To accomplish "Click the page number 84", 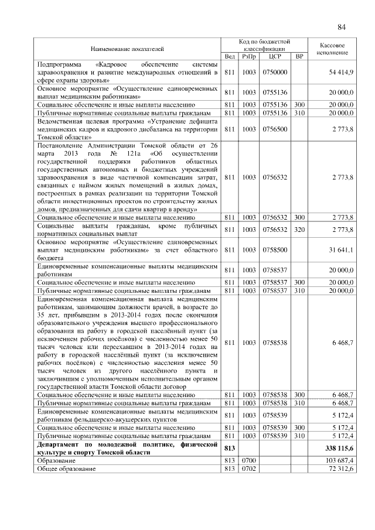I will [x=342, y=27].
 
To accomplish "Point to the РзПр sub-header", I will [x=249, y=56].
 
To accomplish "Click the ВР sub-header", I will [x=299, y=56].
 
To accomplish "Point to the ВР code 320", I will [x=299, y=229].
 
